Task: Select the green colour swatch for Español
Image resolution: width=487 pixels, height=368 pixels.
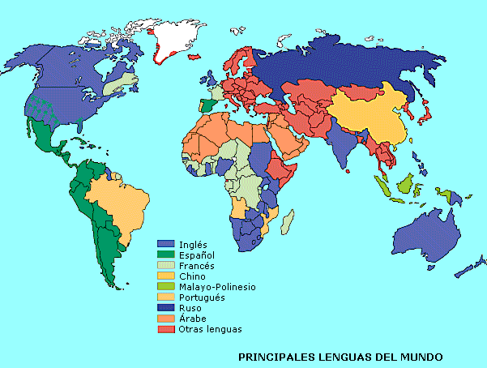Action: tap(166, 255)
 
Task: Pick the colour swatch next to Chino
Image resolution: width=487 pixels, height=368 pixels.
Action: tap(166, 276)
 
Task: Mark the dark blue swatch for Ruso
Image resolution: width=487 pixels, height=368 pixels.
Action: tap(166, 308)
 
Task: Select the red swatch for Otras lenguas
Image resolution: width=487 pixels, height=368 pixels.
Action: tap(166, 329)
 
